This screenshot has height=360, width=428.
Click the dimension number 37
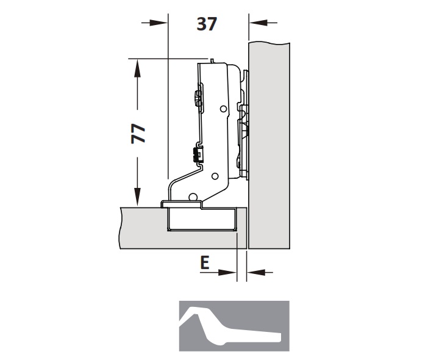207,24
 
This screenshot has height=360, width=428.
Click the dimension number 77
138,134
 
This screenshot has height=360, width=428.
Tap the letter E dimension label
205,262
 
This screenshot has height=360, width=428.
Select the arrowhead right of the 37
259,23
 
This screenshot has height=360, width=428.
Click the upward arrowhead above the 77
137,68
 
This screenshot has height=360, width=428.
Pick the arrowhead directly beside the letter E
227,272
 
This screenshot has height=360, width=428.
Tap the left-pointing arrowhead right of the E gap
256,272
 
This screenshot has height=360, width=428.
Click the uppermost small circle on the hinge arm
223,109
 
